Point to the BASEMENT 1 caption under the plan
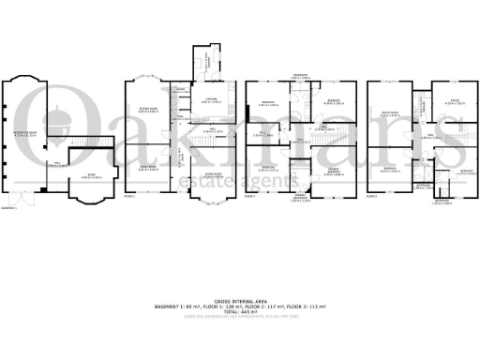click(x=11, y=197)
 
